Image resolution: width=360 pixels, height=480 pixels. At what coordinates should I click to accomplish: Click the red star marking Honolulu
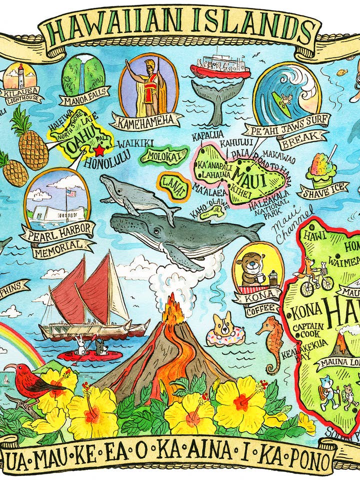pyautogui.click(x=100, y=150)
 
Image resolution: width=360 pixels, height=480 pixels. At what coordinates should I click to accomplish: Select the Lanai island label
pyautogui.click(x=174, y=186)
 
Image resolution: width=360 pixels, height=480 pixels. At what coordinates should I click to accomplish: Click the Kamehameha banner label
pyautogui.click(x=145, y=119)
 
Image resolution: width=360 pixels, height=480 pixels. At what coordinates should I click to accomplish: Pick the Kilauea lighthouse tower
pyautogui.click(x=21, y=76)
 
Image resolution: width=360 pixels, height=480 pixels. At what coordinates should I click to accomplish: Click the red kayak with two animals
pyautogui.click(x=90, y=355)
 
